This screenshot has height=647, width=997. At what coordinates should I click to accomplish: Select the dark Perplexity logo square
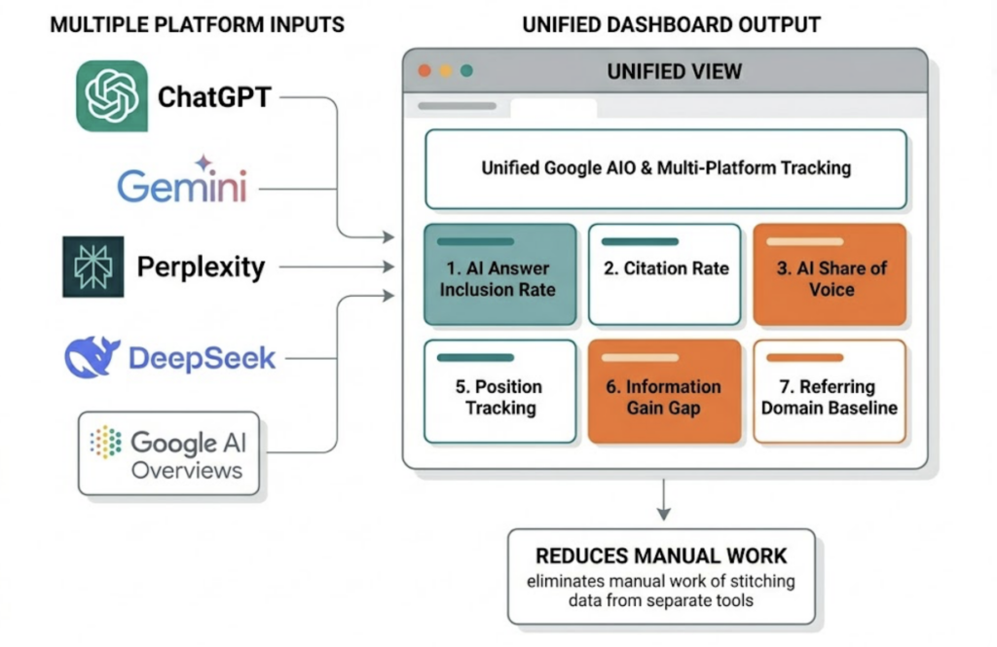point(93,267)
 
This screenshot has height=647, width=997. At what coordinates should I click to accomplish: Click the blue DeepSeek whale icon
point(92,357)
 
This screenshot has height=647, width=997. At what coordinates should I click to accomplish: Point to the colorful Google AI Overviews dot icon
point(105,442)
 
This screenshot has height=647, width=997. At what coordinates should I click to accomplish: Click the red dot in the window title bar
point(425,71)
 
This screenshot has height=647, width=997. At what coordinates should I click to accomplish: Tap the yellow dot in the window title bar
point(446,71)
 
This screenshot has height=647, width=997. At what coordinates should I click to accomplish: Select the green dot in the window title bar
point(466,71)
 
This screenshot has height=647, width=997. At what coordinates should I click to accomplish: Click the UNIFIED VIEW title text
point(674,71)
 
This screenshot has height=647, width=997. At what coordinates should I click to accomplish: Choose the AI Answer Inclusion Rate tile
point(499,274)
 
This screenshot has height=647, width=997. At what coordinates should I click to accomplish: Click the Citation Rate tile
point(665,274)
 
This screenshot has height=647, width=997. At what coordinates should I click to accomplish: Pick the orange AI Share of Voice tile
point(830,274)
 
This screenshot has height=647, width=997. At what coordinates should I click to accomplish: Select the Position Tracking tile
point(499,391)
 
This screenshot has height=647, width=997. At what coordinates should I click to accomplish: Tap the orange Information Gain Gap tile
point(665,391)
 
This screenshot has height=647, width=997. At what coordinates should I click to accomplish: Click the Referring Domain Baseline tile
point(830,391)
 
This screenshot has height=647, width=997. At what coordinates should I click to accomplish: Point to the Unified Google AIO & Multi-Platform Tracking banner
point(666,168)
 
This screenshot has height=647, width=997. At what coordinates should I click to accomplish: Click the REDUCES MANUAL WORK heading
point(661,557)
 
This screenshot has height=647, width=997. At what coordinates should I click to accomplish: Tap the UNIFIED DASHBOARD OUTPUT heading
point(671,24)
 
